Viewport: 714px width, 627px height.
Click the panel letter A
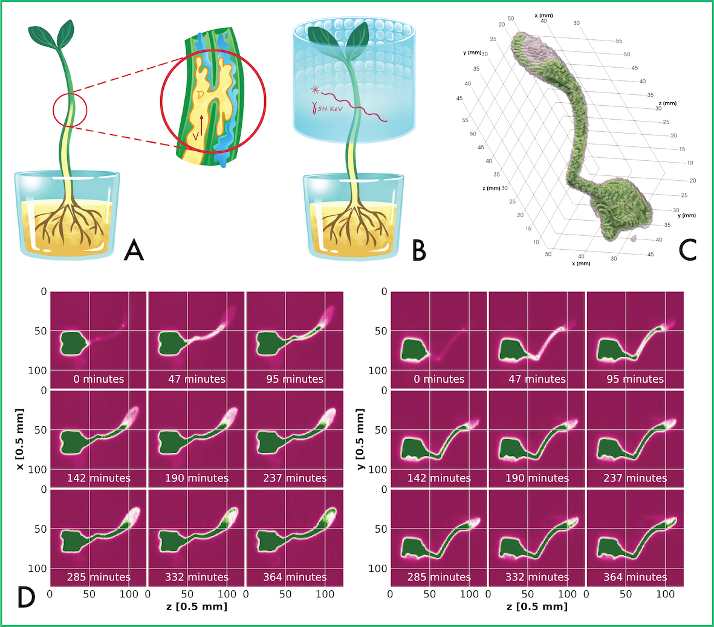134,250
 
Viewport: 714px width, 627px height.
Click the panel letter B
419,250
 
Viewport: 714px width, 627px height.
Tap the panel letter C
687,250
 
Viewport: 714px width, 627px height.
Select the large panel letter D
27,597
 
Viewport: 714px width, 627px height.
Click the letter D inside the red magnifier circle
200,95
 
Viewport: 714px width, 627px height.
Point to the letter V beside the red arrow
195,135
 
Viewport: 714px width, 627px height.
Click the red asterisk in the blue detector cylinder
314,89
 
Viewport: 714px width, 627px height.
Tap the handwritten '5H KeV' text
330,109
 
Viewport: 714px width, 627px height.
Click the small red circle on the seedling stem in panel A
70,109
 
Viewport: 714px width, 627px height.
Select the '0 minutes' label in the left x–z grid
99,379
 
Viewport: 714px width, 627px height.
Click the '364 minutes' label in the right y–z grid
635,577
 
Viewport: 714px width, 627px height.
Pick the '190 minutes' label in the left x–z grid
196,478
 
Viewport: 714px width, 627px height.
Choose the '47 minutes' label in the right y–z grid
537,379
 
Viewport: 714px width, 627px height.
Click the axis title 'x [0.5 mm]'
19,440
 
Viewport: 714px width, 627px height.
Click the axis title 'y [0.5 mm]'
360,440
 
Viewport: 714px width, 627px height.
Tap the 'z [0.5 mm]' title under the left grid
196,606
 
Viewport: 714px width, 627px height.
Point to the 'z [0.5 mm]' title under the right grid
537,606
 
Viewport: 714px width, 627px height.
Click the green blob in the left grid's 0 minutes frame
73,343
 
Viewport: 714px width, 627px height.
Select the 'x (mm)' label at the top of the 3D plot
544,16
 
